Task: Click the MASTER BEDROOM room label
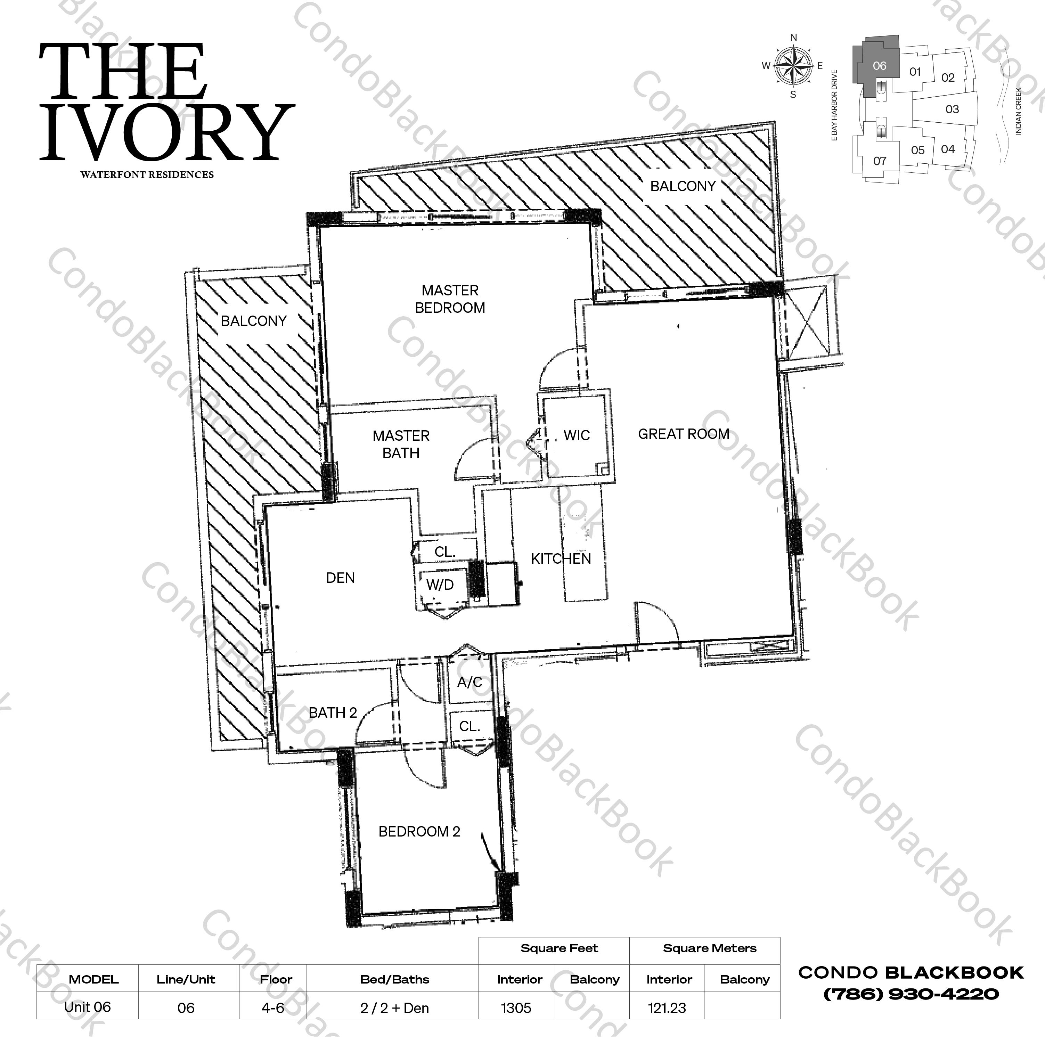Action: coord(450,299)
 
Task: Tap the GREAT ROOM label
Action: coord(684,434)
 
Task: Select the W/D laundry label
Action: coord(440,585)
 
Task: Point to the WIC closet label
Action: coord(576,435)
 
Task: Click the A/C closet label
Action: coord(470,682)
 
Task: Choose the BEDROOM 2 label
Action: coord(419,831)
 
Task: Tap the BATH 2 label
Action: coord(333,713)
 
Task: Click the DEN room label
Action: coord(340,578)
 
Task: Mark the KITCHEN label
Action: coord(561,559)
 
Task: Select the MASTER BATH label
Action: coord(401,444)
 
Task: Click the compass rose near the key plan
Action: coord(793,66)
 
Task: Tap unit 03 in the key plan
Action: coord(952,109)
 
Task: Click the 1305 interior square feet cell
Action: coord(516,1008)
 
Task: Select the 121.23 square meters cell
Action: coord(667,1008)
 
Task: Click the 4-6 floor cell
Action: coord(272,1008)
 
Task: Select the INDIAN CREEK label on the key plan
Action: coord(1018,111)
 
